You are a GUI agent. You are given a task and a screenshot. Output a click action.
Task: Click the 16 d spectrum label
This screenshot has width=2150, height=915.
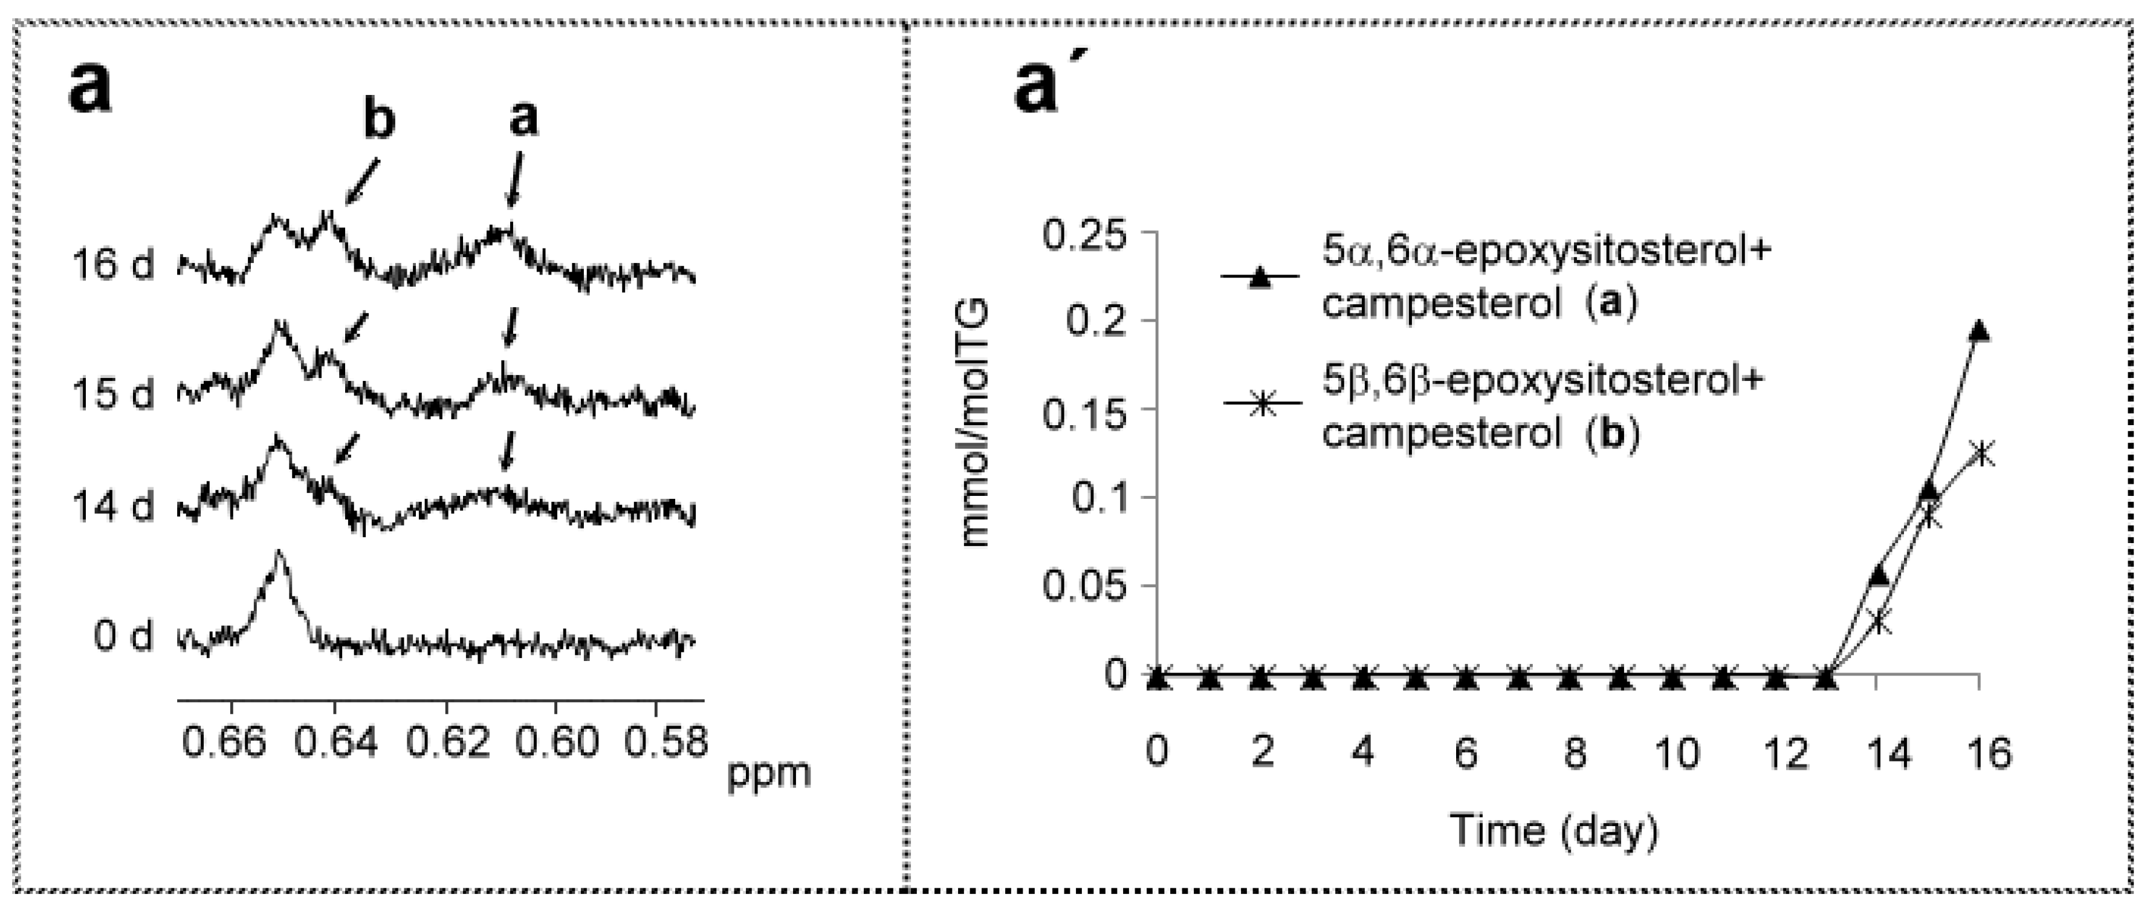(112, 265)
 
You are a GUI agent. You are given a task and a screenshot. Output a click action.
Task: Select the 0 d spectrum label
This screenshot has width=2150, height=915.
(123, 637)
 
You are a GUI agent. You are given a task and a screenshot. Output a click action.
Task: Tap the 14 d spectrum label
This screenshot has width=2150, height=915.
(112, 507)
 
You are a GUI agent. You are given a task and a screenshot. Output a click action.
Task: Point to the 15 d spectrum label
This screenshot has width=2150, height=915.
(112, 393)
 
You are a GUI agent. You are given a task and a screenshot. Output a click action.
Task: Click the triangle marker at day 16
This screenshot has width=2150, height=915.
(1979, 331)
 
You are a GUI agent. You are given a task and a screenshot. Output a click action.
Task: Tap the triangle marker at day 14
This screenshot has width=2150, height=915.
(1878, 575)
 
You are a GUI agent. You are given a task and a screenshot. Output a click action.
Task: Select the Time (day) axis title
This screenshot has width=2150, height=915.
(1554, 831)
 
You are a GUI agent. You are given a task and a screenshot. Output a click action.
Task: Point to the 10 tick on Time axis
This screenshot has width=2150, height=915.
(1674, 753)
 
